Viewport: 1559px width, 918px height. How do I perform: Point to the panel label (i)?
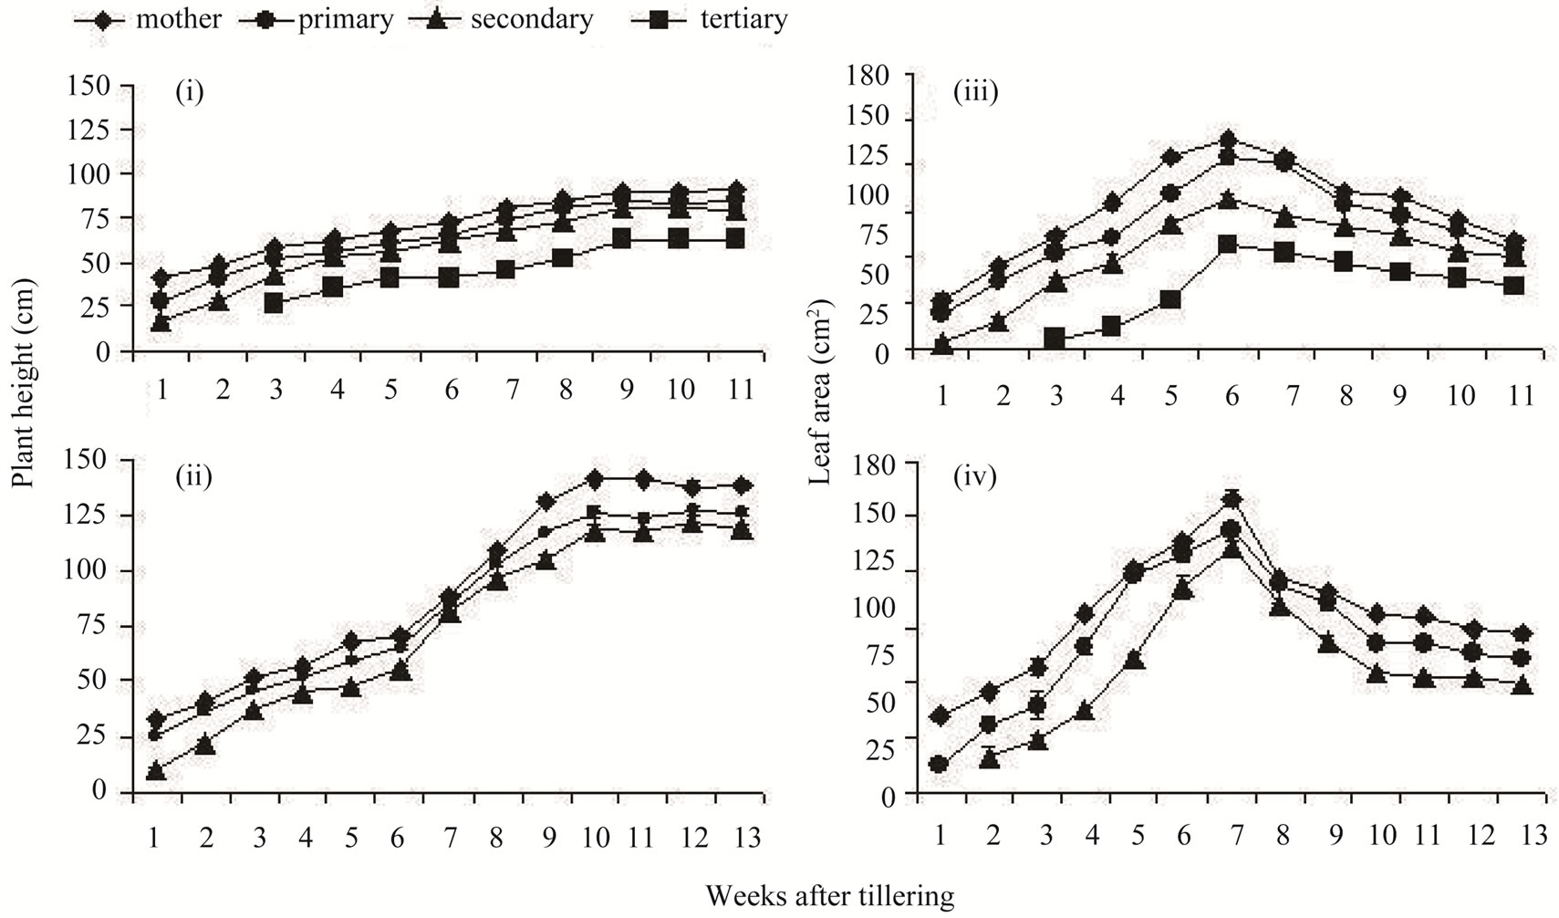point(189,93)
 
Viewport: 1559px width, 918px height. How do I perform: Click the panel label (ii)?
point(193,475)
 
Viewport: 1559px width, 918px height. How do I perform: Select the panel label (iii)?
point(975,91)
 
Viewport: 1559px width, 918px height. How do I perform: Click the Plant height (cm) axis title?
point(23,396)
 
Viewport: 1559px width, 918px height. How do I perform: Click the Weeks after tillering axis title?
point(829,895)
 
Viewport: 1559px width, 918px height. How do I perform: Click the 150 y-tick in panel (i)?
point(88,86)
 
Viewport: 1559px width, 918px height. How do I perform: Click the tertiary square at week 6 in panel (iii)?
point(1227,245)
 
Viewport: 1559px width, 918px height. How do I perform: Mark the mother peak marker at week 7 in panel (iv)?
point(1232,499)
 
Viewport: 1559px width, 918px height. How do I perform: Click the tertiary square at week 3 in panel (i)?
point(273,303)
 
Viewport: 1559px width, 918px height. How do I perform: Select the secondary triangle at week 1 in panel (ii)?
point(156,772)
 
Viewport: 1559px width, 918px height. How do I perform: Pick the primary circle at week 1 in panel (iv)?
point(938,764)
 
